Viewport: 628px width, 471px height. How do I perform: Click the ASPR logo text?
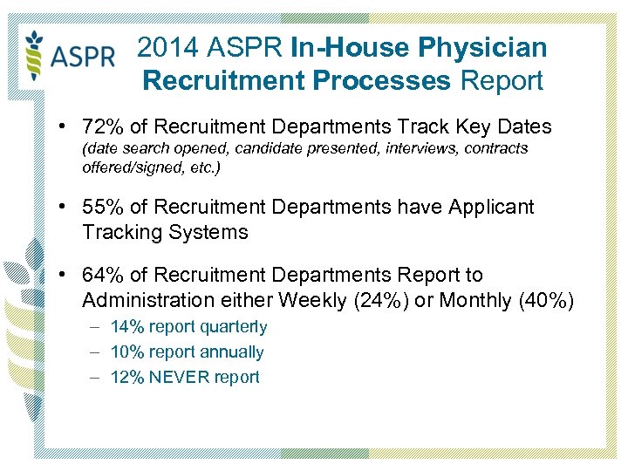click(x=83, y=58)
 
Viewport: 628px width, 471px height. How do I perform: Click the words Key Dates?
click(x=505, y=126)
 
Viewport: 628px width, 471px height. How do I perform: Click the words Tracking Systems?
click(x=165, y=232)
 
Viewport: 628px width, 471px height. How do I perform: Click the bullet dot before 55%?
click(x=65, y=208)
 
